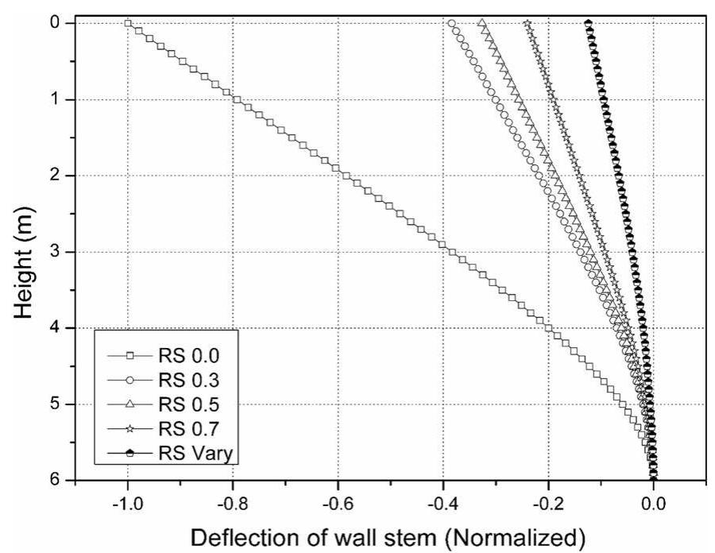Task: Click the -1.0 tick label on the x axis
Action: (x=127, y=502)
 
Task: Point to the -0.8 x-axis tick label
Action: (x=232, y=502)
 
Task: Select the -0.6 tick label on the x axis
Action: (x=337, y=502)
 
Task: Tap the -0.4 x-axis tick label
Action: (x=443, y=502)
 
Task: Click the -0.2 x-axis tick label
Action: (x=547, y=502)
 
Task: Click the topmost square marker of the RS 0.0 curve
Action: (x=128, y=23)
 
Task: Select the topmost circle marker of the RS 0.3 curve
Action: (x=451, y=23)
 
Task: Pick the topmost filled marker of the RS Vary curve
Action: (x=588, y=23)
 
